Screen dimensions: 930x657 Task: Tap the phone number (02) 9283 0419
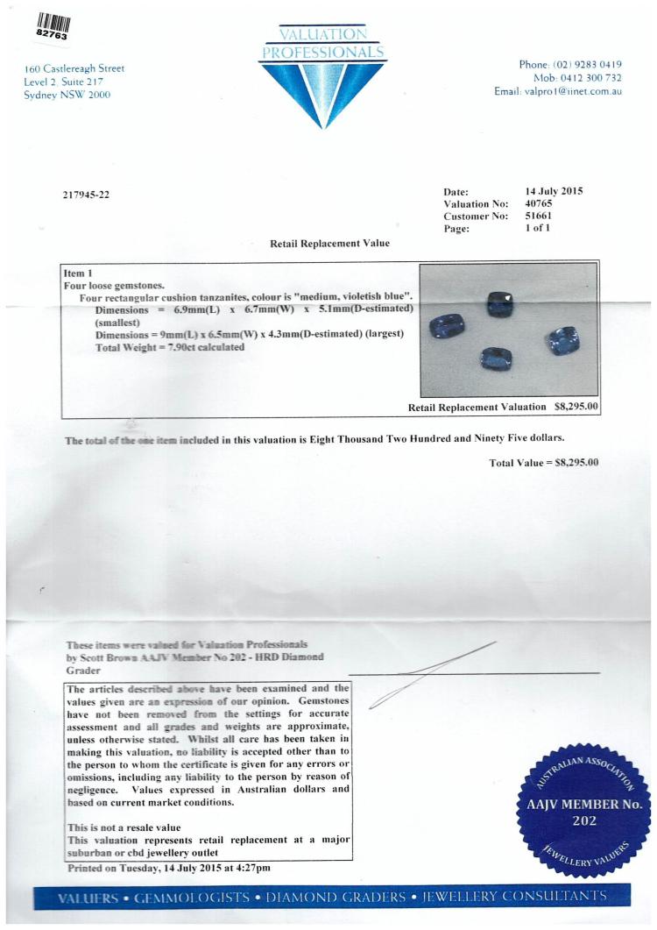[x=585, y=64]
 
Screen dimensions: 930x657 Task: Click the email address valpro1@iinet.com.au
[x=571, y=91]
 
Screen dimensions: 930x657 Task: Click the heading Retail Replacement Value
[x=330, y=243]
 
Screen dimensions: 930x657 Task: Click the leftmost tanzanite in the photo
[x=447, y=328]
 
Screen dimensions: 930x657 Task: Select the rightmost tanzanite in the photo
[x=562, y=340]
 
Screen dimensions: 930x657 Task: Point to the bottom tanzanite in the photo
[x=497, y=359]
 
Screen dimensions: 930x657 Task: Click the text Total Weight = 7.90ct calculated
[x=169, y=347]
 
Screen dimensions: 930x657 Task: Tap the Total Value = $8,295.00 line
[x=543, y=462]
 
